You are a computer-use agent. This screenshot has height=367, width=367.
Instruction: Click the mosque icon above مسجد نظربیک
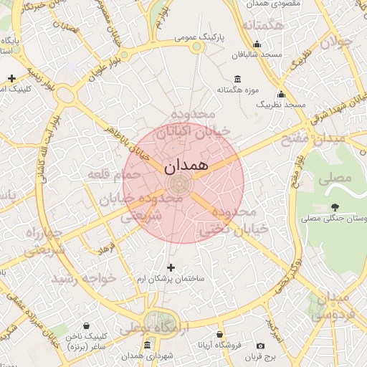coord(281,93)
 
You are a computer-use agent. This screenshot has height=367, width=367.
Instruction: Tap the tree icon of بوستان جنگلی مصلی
coord(335,208)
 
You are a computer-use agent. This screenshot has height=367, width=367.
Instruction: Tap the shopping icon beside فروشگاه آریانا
coord(219,335)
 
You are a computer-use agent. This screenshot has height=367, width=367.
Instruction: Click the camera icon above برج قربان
coord(260,345)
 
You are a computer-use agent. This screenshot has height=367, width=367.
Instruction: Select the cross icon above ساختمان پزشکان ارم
coord(171,267)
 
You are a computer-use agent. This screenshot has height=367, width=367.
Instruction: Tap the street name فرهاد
coord(107,248)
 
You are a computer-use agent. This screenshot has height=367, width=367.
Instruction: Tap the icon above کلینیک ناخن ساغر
coord(87,325)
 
